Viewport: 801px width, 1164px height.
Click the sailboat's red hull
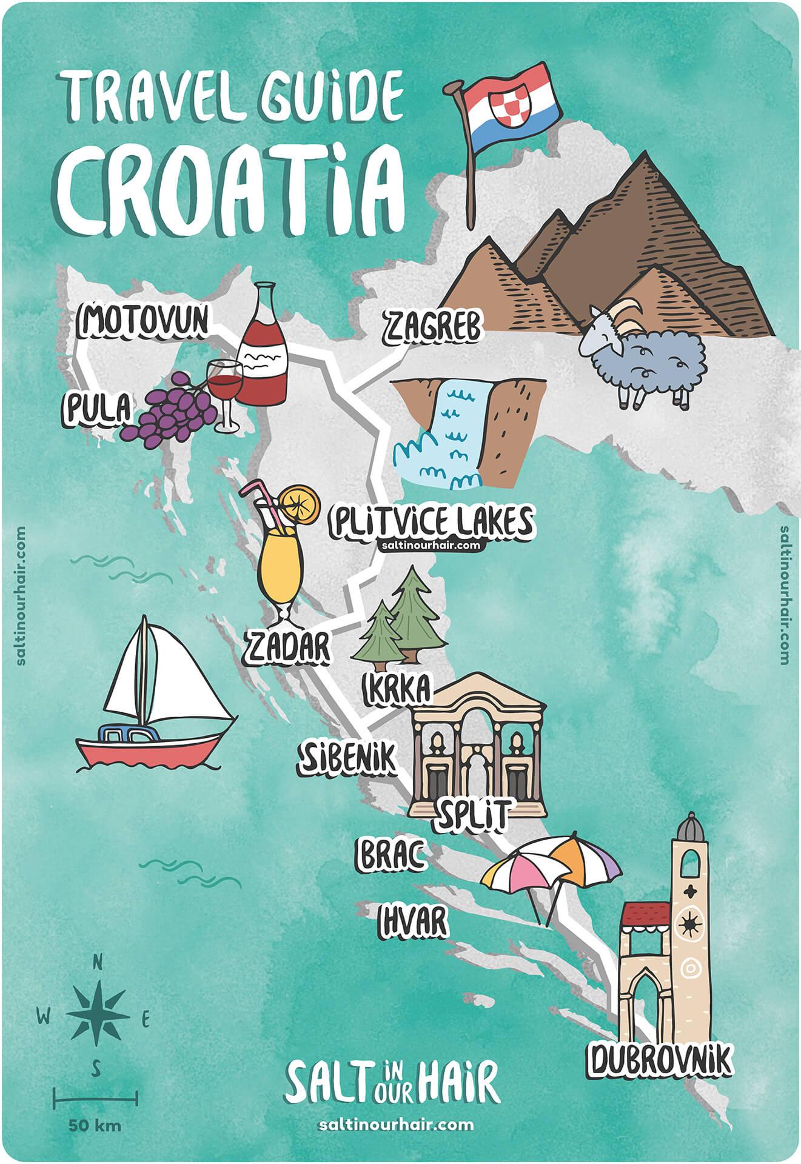tap(152, 748)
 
